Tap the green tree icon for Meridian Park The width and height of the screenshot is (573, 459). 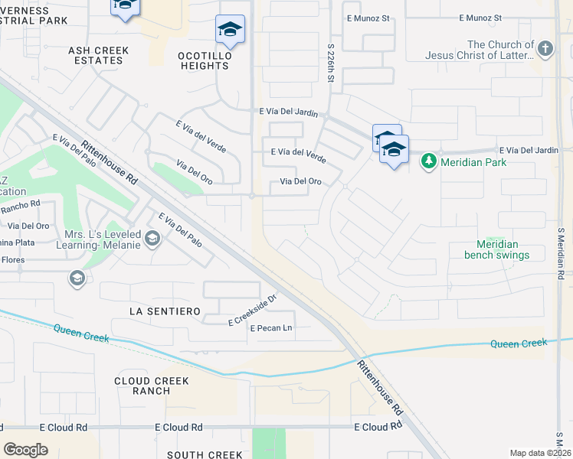(427, 161)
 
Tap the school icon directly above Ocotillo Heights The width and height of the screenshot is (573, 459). (230, 30)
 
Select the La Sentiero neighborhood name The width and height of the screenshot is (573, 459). (165, 311)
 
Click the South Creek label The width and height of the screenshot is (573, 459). (205, 454)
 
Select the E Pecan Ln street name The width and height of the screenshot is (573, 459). (271, 328)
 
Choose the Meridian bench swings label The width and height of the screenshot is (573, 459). (497, 249)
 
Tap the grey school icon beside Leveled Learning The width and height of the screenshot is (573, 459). (152, 240)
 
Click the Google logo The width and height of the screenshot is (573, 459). (25, 450)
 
